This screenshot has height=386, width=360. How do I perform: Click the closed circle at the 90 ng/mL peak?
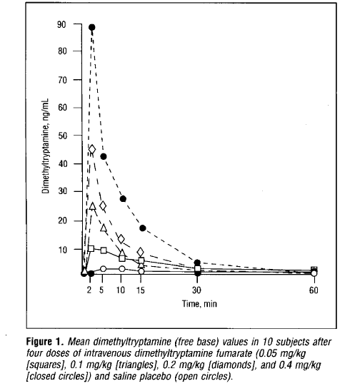coord(92,27)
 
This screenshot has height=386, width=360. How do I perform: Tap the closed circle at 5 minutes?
coord(104,156)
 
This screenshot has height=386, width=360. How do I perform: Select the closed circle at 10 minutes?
coord(123,198)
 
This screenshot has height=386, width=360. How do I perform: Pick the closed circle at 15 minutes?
coord(143,228)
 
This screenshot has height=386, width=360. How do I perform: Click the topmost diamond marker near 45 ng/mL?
coord(92,149)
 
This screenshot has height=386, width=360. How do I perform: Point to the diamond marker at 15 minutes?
coord(141,252)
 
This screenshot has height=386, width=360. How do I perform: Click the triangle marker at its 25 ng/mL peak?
coord(92,206)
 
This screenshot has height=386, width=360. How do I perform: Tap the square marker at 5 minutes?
coord(104,250)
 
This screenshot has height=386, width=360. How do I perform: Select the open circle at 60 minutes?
coord(314,273)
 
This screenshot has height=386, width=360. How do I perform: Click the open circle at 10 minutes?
coord(121,268)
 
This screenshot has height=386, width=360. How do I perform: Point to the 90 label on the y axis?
coord(61,24)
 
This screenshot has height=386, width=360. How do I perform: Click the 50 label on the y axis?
coord(62,136)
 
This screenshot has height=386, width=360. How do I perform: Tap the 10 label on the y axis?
coord(63,250)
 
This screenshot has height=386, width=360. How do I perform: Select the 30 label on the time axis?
coord(196,290)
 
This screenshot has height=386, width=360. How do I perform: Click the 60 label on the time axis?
coord(314,290)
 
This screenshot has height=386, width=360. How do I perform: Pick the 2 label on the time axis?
coord(89,290)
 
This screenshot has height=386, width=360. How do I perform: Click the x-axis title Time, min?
coord(199,304)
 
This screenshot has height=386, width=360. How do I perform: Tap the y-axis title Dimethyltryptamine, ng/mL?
coord(46,146)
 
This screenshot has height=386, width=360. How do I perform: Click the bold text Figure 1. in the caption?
coord(45,342)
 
